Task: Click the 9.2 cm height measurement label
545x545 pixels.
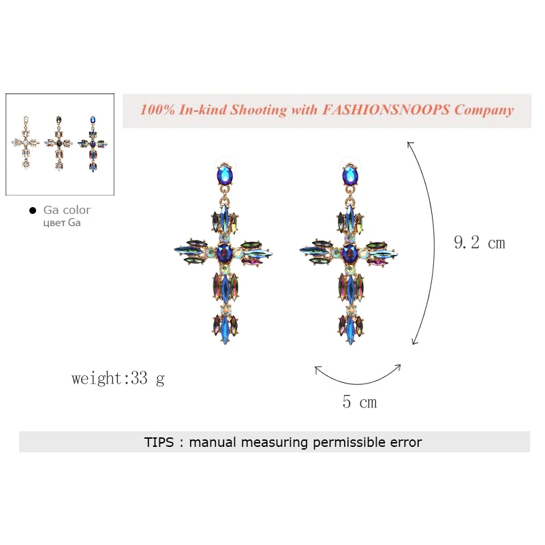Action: click(480, 243)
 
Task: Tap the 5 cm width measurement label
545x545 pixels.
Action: click(360, 402)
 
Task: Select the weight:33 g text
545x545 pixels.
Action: click(118, 378)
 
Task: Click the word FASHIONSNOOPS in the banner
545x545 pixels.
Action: click(386, 110)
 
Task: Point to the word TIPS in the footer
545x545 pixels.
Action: click(159, 442)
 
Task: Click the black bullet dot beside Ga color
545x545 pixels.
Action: click(33, 211)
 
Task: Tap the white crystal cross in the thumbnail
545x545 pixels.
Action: click(26, 142)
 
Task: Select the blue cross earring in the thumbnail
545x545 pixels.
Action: click(93, 144)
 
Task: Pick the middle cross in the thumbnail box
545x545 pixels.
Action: click(59, 144)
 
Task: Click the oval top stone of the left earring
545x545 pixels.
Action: click(225, 175)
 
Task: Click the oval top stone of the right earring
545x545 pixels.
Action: click(350, 175)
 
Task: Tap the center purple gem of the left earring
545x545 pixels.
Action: click(224, 253)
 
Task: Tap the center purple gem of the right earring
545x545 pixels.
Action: click(349, 253)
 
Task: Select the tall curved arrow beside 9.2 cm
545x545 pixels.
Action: click(433, 243)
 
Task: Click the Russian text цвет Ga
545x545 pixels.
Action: click(62, 223)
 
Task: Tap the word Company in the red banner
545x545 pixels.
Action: click(484, 110)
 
